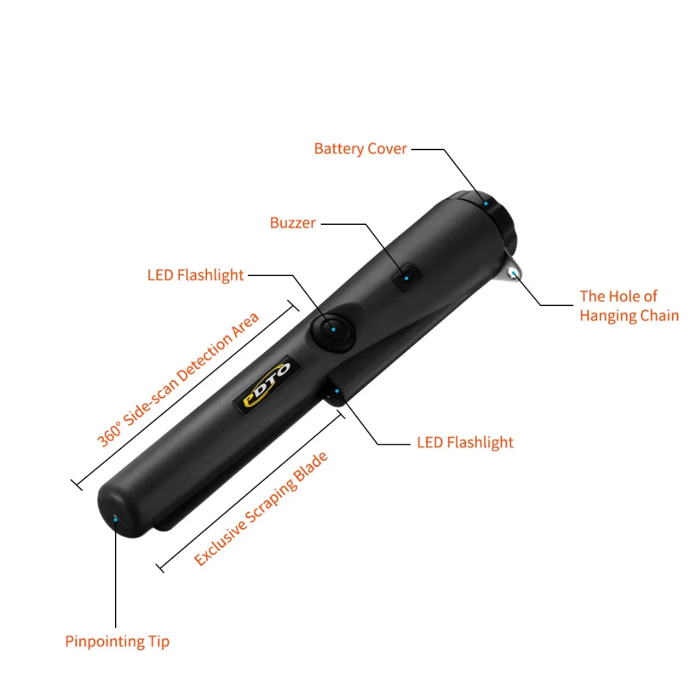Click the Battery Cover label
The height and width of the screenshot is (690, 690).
tap(360, 149)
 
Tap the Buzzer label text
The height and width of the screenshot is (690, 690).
tap(293, 223)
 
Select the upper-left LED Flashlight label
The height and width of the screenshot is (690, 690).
tap(195, 275)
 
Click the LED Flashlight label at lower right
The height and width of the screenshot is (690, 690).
tap(465, 442)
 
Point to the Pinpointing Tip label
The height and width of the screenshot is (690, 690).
tap(118, 641)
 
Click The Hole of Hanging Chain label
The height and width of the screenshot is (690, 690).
tap(629, 305)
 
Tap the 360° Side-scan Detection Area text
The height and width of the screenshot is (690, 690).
tap(178, 379)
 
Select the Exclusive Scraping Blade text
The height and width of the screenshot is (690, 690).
tap(261, 509)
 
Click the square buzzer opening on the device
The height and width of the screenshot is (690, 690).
tap(407, 277)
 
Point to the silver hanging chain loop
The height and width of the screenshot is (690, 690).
tap(513, 273)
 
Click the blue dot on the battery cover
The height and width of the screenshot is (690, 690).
tap(486, 203)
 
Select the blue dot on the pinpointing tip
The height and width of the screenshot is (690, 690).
tap(115, 519)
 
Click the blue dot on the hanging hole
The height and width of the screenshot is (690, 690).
tap(513, 274)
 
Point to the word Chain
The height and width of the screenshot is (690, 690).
tap(655, 316)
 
